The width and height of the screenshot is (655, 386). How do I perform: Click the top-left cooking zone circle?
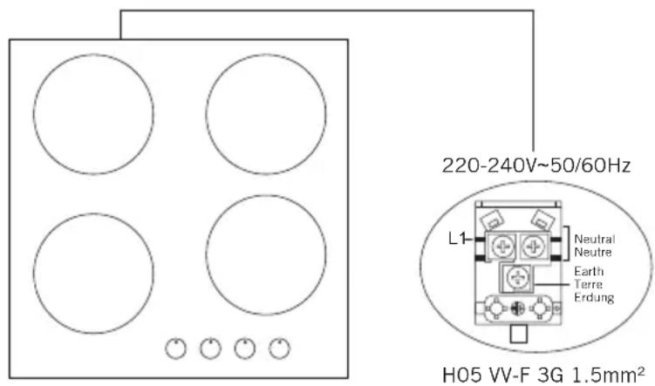(x=34, y=114)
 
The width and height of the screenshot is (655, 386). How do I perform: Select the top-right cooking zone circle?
(x=206, y=114)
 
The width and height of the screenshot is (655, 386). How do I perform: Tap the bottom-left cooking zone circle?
(x=34, y=274)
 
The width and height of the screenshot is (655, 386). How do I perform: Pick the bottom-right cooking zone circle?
(x=206, y=254)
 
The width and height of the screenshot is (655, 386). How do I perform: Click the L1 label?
(x=456, y=239)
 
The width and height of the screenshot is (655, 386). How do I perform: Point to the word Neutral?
(x=595, y=239)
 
